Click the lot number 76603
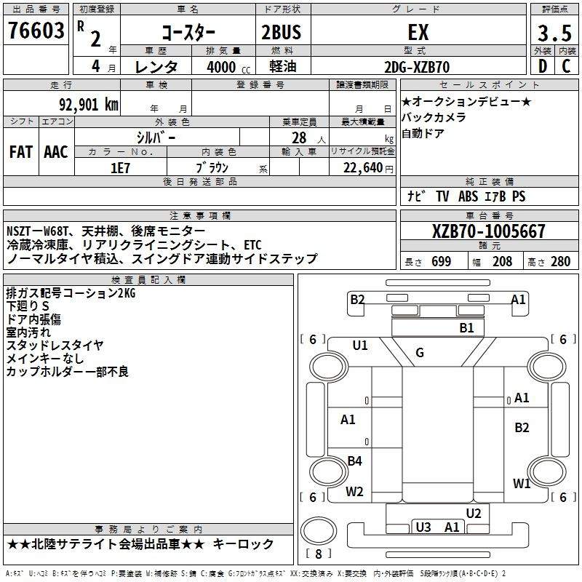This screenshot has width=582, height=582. point(36,30)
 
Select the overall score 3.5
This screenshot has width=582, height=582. point(554,33)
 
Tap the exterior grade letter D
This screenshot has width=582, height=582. point(543,66)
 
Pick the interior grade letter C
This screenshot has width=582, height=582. point(566,66)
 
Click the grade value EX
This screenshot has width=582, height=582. point(418,32)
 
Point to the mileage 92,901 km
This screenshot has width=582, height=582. point(89,105)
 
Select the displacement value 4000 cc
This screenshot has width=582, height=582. point(228,67)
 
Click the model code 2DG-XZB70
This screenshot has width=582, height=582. point(417,67)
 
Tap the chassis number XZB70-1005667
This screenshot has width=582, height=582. point(488,231)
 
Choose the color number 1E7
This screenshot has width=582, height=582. point(120,168)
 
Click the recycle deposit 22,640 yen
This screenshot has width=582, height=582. point(368,168)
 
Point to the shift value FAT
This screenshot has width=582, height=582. point(21,152)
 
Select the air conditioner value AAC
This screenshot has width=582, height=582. point(56,152)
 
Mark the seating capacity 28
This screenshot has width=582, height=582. point(299,137)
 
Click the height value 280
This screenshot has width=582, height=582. point(560,262)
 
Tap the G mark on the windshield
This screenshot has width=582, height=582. point(420,353)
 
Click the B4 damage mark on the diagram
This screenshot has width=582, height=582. point(354,461)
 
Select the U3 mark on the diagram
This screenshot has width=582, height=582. point(423,527)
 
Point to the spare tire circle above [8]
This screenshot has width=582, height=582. point(319,531)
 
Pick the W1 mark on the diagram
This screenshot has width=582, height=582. point(522,484)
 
